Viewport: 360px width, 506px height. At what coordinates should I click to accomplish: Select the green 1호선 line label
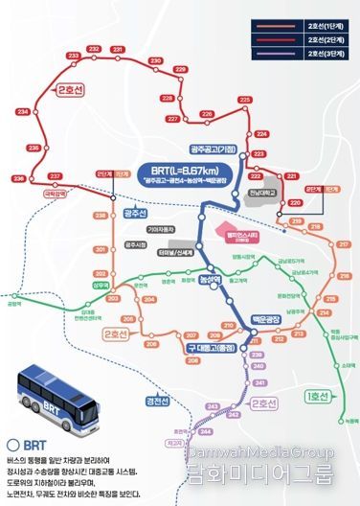pos(315,395)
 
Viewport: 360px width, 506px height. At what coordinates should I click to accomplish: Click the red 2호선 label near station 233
pos(72,90)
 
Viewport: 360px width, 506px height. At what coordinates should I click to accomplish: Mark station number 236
pos(18,179)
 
